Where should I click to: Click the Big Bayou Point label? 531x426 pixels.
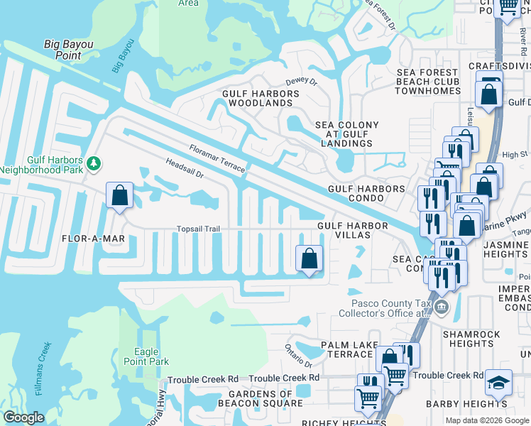(x=69, y=50)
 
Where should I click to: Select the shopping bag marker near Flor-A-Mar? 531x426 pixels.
(x=119, y=195)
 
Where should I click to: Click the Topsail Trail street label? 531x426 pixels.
(x=198, y=229)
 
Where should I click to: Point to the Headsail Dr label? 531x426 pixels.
(x=185, y=168)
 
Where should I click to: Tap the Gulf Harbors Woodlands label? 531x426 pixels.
(x=261, y=98)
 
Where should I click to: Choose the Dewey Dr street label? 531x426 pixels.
(x=301, y=82)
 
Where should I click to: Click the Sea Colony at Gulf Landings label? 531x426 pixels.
(x=347, y=134)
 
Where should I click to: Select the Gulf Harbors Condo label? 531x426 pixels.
(x=366, y=190)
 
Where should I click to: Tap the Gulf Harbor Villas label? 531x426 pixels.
(x=352, y=231)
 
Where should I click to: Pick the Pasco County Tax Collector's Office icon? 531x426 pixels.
(x=442, y=307)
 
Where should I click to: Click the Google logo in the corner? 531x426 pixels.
(x=23, y=417)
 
